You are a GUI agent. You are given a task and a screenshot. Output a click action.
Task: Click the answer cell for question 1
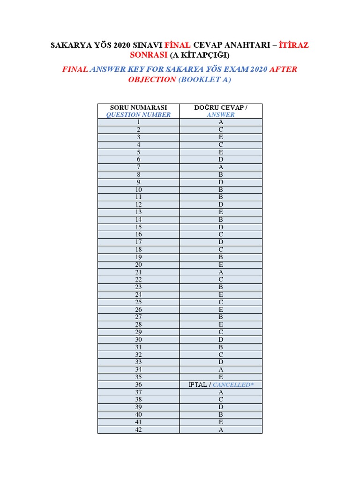pos(221,122)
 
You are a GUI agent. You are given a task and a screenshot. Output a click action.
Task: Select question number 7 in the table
pos(139,167)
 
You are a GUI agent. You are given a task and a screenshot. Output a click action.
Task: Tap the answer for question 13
pos(221,212)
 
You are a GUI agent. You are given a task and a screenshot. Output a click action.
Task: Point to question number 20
pos(139,264)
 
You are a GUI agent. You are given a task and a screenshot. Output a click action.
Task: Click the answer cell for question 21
pos(221,272)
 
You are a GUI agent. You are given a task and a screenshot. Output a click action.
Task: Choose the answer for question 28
pos(221,324)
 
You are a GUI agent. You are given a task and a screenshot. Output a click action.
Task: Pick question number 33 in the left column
pos(139,362)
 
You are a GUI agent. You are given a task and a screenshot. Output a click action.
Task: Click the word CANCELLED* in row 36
pos(232,384)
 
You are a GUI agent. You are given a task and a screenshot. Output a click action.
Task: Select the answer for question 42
pos(221,429)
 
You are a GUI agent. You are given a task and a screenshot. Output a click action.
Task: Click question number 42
pos(139,429)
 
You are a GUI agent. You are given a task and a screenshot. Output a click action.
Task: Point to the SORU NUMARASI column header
pos(138,108)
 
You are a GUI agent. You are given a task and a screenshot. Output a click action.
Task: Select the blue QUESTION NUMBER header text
pos(138,115)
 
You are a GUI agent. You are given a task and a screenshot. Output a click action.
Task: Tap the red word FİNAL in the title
pos(177,45)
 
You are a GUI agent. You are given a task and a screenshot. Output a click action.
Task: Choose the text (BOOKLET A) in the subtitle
pos(205,80)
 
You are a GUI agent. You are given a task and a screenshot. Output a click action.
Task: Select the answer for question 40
pos(221,414)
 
